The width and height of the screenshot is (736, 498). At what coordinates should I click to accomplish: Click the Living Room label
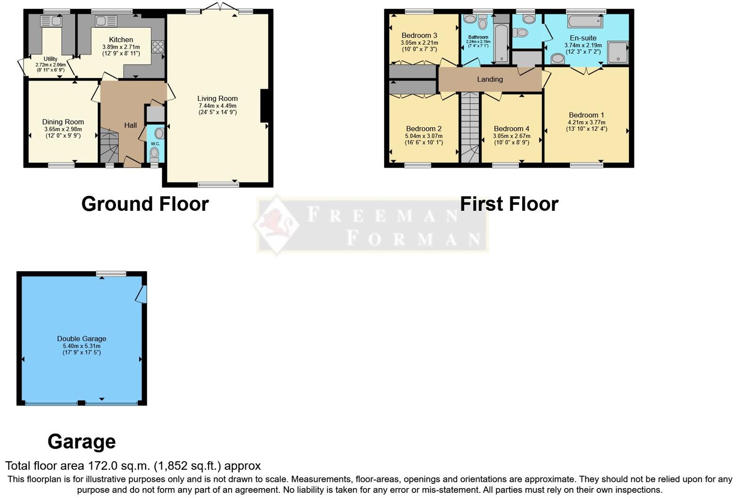(x=217, y=99)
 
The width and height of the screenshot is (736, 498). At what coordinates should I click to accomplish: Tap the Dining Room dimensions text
(x=63, y=133)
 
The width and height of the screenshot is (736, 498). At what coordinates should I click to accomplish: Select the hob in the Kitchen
(x=158, y=47)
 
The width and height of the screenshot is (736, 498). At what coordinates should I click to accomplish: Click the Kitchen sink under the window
(x=106, y=21)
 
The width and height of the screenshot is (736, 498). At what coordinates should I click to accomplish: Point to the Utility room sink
(x=51, y=21)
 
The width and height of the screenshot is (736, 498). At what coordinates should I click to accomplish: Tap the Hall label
(x=130, y=125)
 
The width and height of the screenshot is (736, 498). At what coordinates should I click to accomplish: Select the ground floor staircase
(x=109, y=146)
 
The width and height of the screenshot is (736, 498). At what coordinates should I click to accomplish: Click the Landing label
(x=490, y=79)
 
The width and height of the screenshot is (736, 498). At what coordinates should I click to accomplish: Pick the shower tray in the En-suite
(x=618, y=52)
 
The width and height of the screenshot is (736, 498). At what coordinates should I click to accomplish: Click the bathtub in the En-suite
(x=585, y=21)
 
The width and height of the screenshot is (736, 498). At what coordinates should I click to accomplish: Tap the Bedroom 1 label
(x=586, y=115)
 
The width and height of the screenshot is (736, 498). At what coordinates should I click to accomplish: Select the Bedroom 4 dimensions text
(x=511, y=139)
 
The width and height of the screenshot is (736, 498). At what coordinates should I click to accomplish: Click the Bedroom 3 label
(x=419, y=35)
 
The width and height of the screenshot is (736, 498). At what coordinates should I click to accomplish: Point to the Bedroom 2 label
(x=424, y=129)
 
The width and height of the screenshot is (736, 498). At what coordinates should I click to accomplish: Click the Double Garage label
(x=82, y=339)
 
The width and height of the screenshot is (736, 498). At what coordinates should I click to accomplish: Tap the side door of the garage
(x=142, y=294)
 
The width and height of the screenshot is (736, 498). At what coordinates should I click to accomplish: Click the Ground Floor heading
(x=145, y=204)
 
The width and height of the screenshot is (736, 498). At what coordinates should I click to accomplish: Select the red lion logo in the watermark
(x=277, y=224)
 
